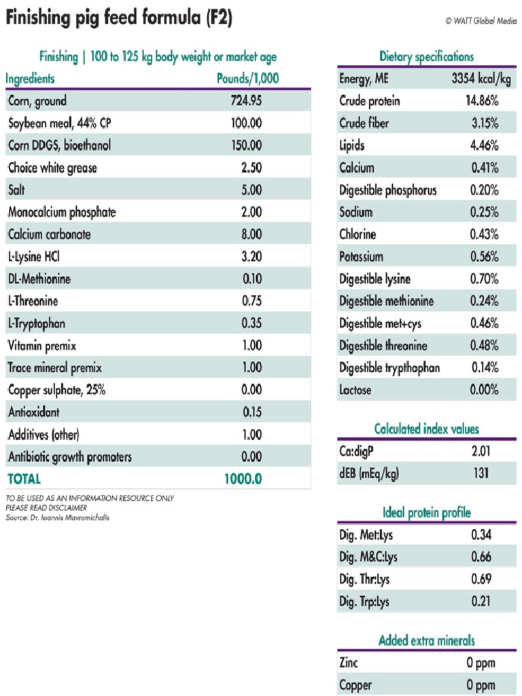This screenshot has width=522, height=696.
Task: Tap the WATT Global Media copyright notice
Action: click(481, 20)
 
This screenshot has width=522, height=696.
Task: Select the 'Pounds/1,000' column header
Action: click(247, 78)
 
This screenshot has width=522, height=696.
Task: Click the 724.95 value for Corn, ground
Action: click(246, 101)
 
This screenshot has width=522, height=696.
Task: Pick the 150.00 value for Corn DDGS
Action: click(246, 145)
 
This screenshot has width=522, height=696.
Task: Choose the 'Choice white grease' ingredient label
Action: click(52, 168)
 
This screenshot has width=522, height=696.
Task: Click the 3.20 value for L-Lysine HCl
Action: click(251, 257)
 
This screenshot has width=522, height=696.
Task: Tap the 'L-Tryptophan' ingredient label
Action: click(37, 324)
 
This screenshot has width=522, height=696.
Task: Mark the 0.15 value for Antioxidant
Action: click(251, 412)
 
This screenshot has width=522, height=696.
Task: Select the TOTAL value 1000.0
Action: click(243, 478)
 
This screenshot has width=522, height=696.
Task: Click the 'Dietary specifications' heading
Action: click(426, 57)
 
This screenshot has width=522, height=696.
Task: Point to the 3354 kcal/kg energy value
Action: click(481, 79)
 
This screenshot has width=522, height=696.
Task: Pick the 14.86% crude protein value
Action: click(482, 101)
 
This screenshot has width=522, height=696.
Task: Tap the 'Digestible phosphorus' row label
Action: click(388, 190)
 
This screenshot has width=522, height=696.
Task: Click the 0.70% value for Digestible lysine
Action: click(484, 279)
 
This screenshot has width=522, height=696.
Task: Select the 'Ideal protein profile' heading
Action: click(426, 512)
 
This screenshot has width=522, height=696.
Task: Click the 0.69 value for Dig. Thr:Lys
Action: click(481, 579)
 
